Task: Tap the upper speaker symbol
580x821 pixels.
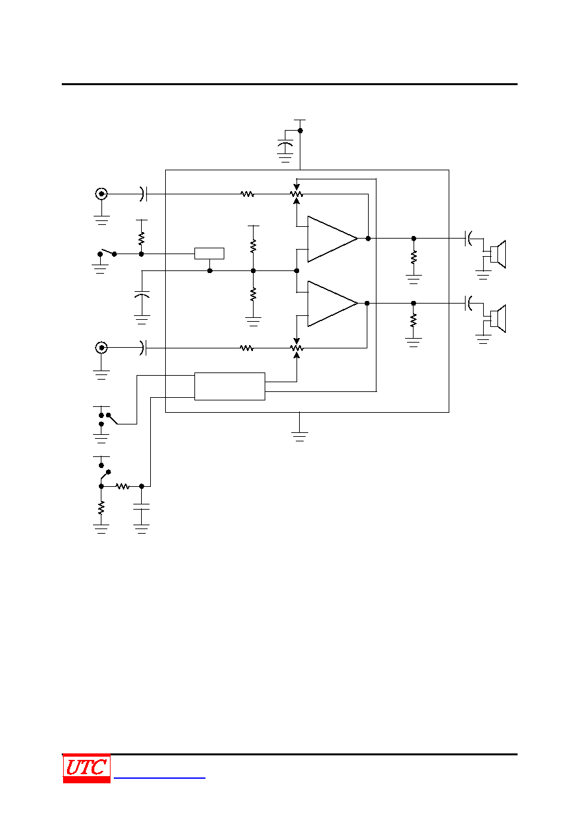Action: tap(498, 254)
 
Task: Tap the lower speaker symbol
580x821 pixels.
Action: tap(498, 319)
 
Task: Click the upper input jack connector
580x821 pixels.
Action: tap(101, 194)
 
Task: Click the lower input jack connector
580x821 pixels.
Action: tap(101, 348)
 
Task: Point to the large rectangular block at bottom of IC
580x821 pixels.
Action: tap(230, 386)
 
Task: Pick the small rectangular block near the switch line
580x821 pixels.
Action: tap(209, 254)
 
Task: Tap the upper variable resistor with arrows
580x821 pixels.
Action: tap(297, 194)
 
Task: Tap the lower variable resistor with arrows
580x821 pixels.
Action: tap(297, 348)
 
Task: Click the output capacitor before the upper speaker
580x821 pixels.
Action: tap(468, 238)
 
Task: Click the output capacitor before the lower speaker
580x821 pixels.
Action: tap(468, 303)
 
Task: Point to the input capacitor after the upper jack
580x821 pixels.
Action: tap(143, 194)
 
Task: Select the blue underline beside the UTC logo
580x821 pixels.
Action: tap(159, 777)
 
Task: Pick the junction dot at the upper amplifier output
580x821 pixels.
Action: tap(368, 238)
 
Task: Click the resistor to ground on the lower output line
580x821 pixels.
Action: tap(414, 320)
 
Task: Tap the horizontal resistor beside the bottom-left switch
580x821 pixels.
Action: tap(122, 486)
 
